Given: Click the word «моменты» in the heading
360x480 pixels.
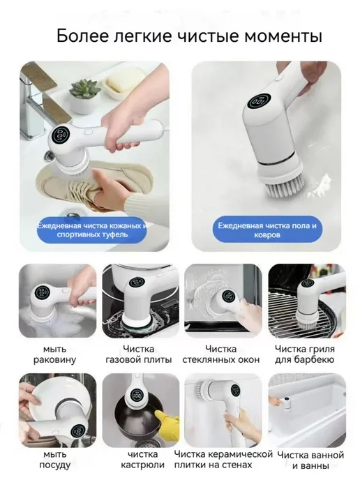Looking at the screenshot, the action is pyautogui.click(x=283, y=36).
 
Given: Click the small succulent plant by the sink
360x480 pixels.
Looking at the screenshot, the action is pyautogui.click(x=85, y=88).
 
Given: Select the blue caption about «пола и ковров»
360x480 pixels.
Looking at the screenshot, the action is pyautogui.click(x=267, y=230).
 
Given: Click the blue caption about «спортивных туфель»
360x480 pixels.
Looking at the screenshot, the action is pyautogui.click(x=92, y=230).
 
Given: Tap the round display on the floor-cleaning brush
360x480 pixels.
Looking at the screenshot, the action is pyautogui.click(x=260, y=101).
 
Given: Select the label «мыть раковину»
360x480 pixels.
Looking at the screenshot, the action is pyautogui.click(x=54, y=354).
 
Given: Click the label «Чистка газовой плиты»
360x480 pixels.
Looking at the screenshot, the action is pyautogui.click(x=139, y=354).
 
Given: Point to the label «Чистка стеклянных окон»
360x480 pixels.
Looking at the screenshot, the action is pyautogui.click(x=220, y=354).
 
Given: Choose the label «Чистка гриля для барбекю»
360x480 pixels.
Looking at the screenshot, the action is pyautogui.click(x=305, y=354).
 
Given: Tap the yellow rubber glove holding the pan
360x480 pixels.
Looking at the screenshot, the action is pyautogui.click(x=167, y=421).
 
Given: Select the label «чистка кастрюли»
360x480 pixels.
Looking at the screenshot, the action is pyautogui.click(x=142, y=460).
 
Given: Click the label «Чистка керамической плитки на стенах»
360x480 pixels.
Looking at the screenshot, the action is pyautogui.click(x=223, y=460).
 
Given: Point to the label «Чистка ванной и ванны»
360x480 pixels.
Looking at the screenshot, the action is pyautogui.click(x=310, y=460).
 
